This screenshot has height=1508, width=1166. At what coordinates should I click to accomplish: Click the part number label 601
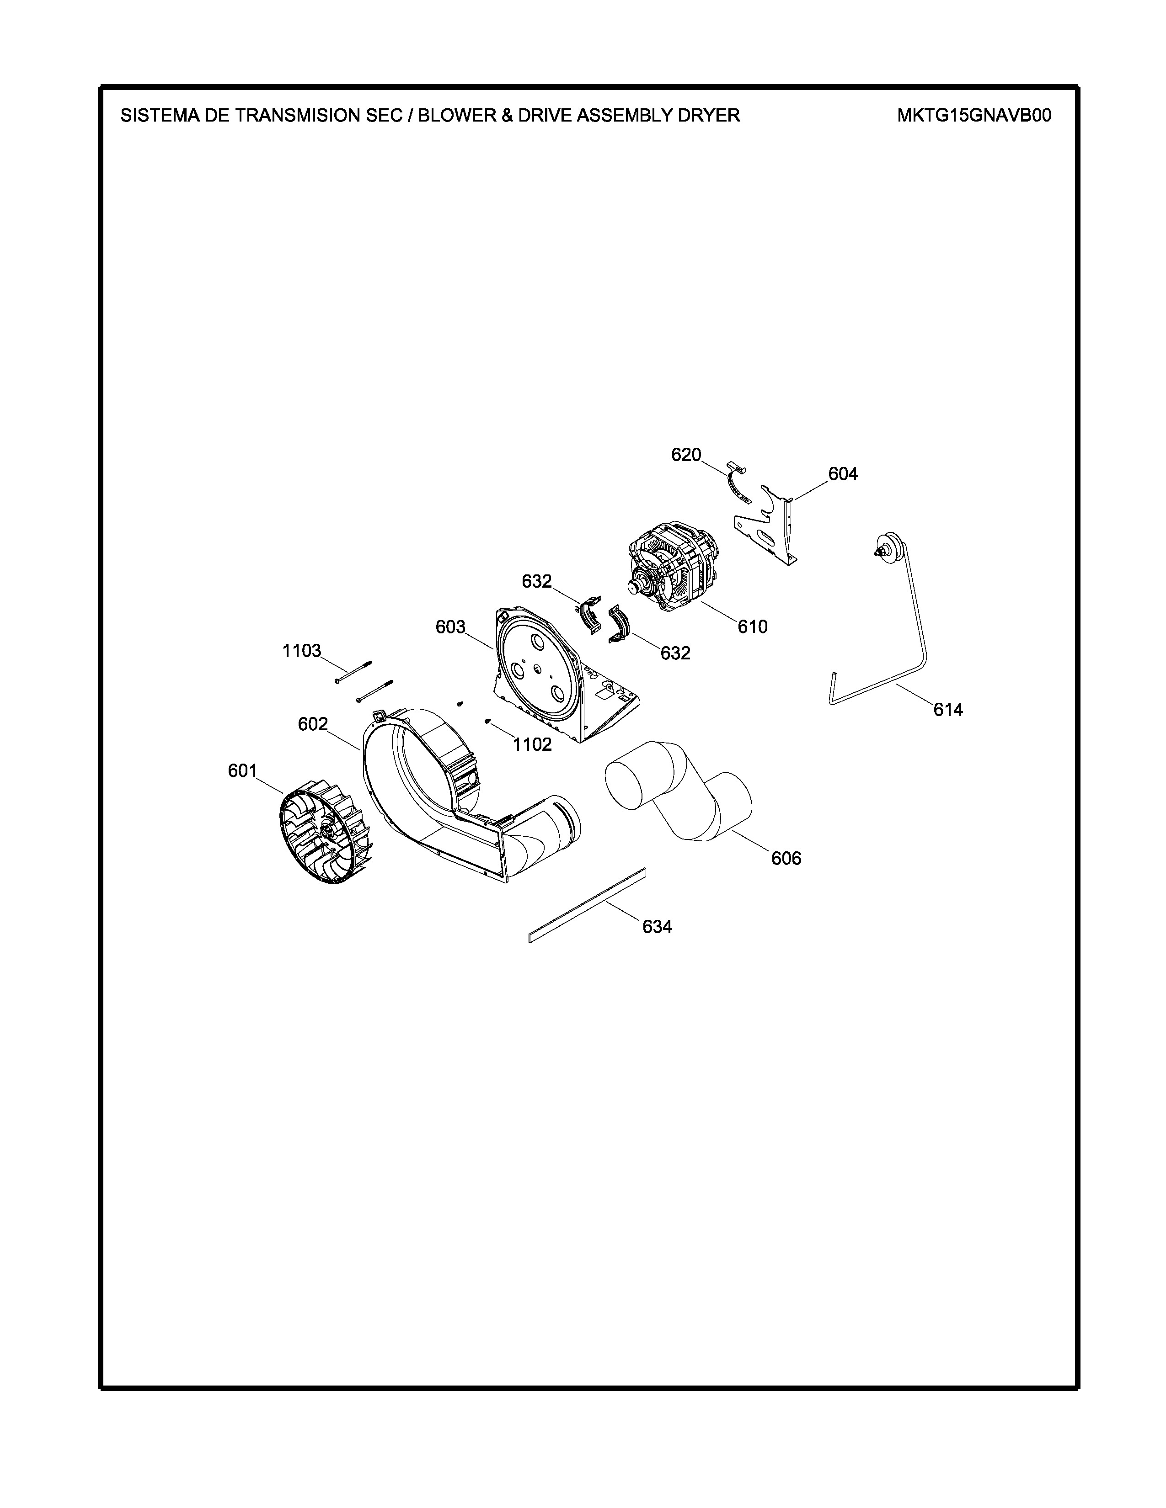242,770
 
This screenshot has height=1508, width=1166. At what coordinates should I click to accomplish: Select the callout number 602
312,724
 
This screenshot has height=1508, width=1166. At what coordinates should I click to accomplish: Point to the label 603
450,627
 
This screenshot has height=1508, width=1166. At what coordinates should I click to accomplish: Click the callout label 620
686,455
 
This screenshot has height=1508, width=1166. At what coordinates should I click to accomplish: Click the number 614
948,709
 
